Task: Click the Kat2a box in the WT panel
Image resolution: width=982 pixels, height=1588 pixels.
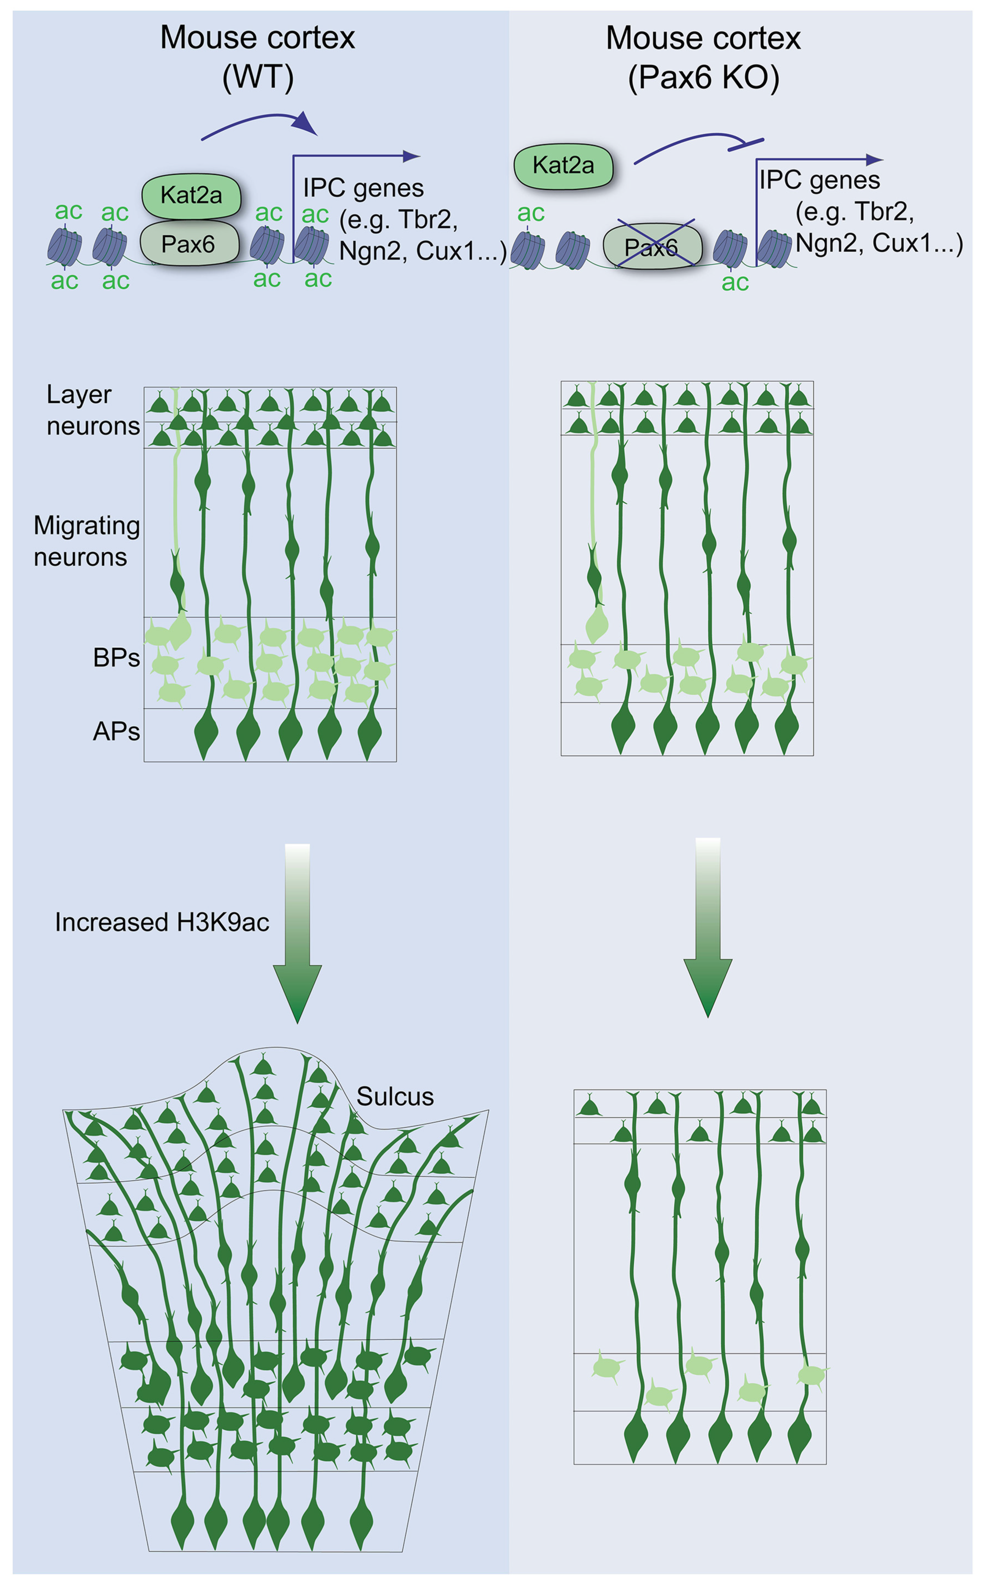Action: [x=191, y=195]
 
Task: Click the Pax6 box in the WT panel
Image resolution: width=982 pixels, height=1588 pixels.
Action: [x=189, y=244]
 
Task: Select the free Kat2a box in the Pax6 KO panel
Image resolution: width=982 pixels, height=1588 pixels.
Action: [x=563, y=166]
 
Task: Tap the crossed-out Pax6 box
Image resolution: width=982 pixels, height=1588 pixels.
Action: [x=652, y=246]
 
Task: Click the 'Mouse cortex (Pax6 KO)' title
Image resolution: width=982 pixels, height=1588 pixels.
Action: [x=703, y=57]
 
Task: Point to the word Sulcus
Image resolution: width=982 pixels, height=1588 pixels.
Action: [x=395, y=1096]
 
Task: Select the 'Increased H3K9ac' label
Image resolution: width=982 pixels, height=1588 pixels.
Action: [x=162, y=922]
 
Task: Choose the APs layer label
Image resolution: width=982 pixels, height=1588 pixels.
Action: [x=116, y=732]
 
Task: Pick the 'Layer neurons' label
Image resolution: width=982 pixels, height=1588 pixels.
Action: [x=93, y=410]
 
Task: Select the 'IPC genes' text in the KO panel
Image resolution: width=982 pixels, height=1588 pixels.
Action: [x=820, y=180]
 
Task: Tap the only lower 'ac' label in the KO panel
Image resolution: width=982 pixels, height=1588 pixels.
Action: [x=735, y=283]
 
